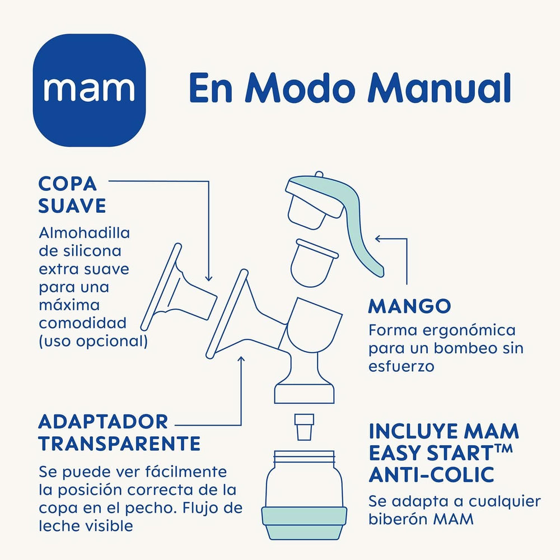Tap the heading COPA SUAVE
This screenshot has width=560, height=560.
pyautogui.click(x=72, y=194)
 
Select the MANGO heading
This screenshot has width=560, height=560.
pyautogui.click(x=409, y=306)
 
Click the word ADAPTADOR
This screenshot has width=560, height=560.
pyautogui.click(x=103, y=421)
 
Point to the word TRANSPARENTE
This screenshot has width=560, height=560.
pyautogui.click(x=119, y=444)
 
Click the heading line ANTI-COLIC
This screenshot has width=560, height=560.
pyautogui.click(x=431, y=475)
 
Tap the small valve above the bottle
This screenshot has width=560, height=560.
pyautogui.click(x=304, y=427)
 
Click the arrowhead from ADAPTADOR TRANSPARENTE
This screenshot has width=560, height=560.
pyautogui.click(x=241, y=359)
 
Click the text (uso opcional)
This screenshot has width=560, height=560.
pyautogui.click(x=93, y=341)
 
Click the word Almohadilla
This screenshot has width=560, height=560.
pyautogui.click(x=84, y=233)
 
